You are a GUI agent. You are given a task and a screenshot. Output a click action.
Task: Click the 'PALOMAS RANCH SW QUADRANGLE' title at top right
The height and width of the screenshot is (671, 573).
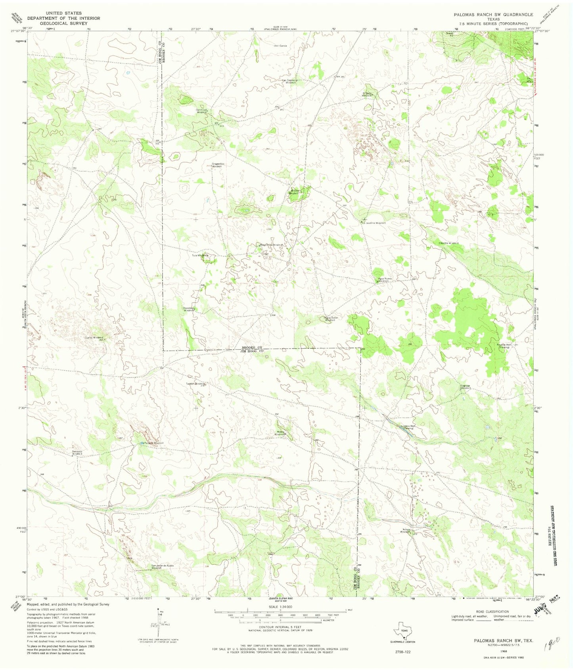pyautogui.click(x=493, y=14)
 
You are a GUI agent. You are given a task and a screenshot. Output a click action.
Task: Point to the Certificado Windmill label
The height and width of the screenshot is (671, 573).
pyautogui.click(x=203, y=111)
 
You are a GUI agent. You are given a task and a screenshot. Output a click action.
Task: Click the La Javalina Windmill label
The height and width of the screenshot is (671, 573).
pyautogui.click(x=374, y=223)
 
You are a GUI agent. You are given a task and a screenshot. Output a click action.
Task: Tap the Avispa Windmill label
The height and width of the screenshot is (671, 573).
pyautogui.click(x=405, y=531)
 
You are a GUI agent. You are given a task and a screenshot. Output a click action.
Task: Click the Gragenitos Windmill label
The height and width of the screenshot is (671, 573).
pyautogui.click(x=218, y=165)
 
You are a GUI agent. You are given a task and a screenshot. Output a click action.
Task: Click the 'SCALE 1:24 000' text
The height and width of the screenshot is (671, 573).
pyautogui.click(x=280, y=607)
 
